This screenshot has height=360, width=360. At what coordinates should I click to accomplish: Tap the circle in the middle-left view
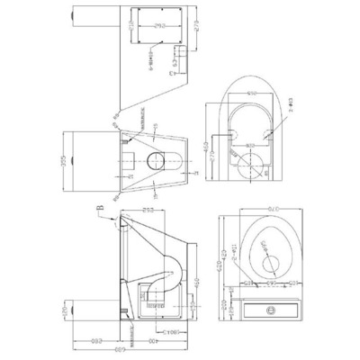pos(155,165)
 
